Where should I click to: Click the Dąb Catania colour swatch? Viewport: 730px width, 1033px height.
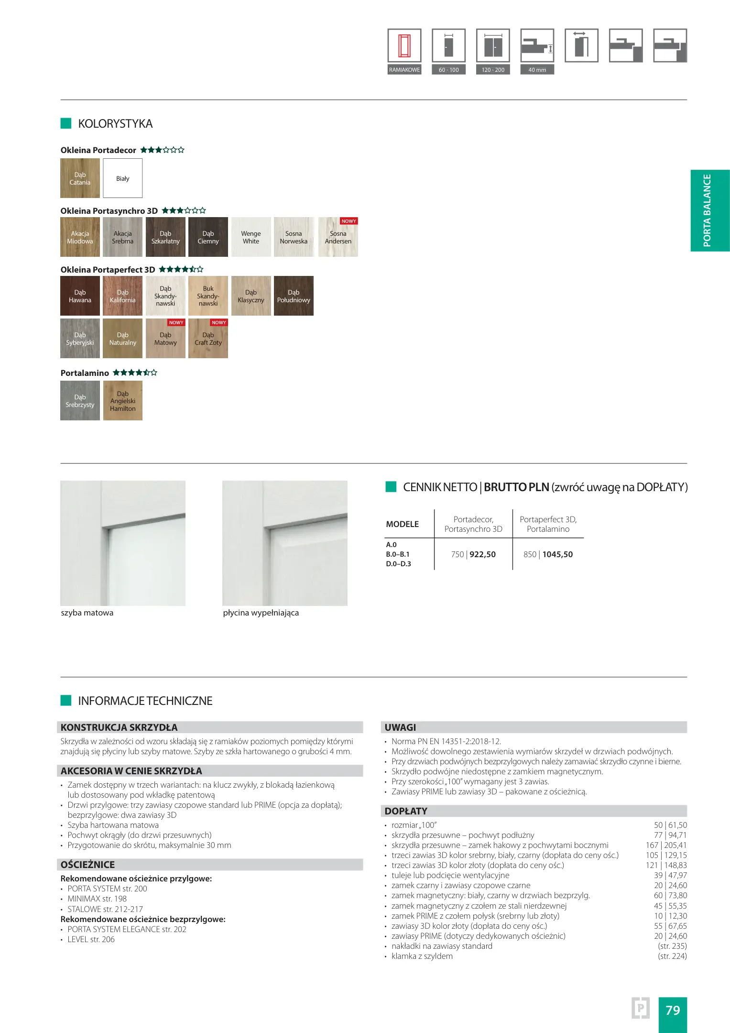(x=80, y=178)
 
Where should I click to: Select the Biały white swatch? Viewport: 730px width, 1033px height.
(x=123, y=178)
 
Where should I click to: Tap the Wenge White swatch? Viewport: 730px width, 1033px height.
(x=251, y=237)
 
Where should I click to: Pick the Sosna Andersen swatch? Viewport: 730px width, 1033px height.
(x=338, y=237)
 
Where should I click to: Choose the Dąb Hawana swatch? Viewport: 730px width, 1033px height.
(x=80, y=296)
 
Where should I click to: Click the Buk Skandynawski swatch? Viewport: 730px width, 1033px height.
(x=208, y=296)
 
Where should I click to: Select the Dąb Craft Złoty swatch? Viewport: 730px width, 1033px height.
(x=208, y=339)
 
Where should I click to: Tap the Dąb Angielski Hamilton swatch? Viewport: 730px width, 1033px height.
(x=123, y=401)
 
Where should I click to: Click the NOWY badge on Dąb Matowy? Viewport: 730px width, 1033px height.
(x=176, y=323)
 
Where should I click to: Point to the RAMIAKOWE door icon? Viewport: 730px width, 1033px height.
(x=404, y=46)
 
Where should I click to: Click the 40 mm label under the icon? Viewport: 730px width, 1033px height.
(x=537, y=70)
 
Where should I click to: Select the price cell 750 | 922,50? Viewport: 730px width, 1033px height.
(x=473, y=554)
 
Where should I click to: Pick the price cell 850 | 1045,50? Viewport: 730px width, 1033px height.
(x=548, y=554)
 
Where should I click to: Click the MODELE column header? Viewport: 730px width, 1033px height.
(x=402, y=524)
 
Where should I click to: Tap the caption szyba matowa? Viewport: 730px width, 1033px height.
(x=87, y=613)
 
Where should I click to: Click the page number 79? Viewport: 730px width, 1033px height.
(x=672, y=1010)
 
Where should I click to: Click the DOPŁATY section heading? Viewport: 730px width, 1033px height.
(x=406, y=811)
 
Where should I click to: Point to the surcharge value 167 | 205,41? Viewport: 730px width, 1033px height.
(x=666, y=845)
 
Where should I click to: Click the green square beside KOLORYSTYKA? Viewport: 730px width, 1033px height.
(x=66, y=123)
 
